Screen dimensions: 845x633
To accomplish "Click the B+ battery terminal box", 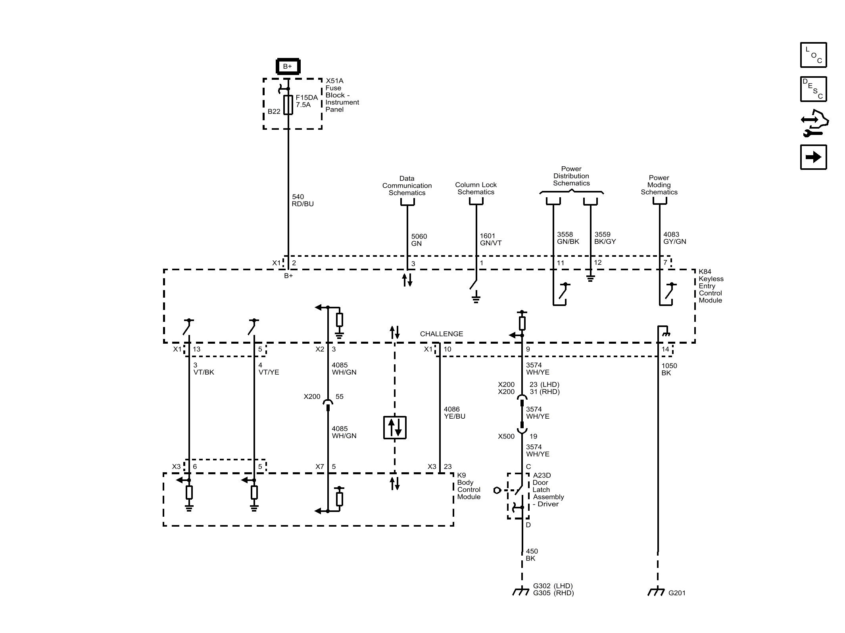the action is point(288,66).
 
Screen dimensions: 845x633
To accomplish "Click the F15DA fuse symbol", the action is point(288,105).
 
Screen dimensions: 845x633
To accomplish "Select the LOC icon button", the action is point(813,55).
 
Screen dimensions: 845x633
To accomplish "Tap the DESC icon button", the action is point(813,89).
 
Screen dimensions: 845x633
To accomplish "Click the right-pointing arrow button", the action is point(813,157).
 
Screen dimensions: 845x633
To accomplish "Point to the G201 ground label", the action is point(677,593).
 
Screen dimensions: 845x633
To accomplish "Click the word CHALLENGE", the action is point(442,334).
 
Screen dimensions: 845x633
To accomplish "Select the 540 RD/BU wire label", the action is point(303,200).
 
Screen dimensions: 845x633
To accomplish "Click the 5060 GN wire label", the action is point(419,240).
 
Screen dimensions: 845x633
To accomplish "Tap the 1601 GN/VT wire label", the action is point(491,240).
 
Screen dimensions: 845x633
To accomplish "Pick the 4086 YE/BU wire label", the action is point(455,413).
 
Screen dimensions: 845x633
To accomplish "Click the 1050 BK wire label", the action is point(669,369).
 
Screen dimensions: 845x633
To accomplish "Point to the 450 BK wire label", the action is point(532,555).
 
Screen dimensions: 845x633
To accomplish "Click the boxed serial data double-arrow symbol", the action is point(395,427).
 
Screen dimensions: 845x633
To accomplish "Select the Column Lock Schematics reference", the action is point(476,189).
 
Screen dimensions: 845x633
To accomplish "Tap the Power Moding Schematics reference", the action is point(659,185).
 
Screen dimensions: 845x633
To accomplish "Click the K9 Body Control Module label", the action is point(469,486).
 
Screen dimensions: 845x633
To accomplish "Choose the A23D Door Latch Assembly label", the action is point(548,490).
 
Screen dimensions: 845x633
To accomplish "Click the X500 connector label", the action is point(506,436).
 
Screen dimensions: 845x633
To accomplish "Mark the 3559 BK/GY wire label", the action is point(605,238).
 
